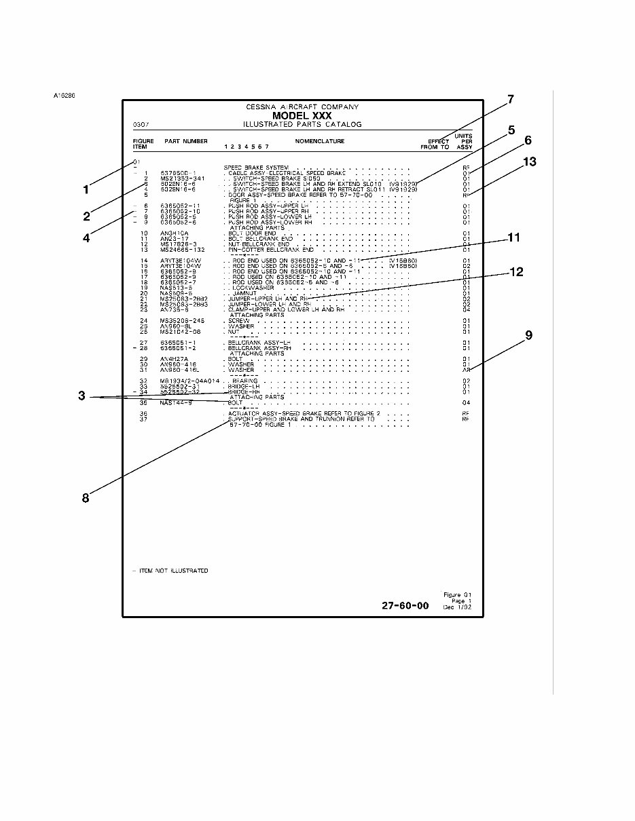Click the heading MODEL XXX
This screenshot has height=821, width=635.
[302, 116]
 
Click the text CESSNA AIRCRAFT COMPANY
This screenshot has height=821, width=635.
[302, 107]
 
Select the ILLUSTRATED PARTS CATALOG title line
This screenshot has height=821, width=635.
[302, 125]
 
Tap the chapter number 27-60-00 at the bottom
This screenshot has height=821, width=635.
[405, 606]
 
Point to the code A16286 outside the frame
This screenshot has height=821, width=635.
[64, 95]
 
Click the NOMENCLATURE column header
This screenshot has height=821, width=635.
[319, 141]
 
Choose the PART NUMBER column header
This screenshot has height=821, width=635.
[186, 141]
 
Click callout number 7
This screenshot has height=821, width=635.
[510, 100]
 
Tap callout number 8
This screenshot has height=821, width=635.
[86, 498]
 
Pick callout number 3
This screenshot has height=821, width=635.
[81, 396]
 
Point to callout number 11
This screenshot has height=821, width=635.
[513, 238]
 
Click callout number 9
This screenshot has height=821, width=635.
[528, 335]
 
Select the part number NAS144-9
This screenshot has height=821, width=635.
[176, 402]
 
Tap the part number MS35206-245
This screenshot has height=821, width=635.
[183, 321]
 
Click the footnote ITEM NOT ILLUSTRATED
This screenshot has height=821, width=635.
[173, 571]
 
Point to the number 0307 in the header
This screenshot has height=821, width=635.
[141, 125]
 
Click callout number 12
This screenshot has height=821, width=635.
[517, 272]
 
